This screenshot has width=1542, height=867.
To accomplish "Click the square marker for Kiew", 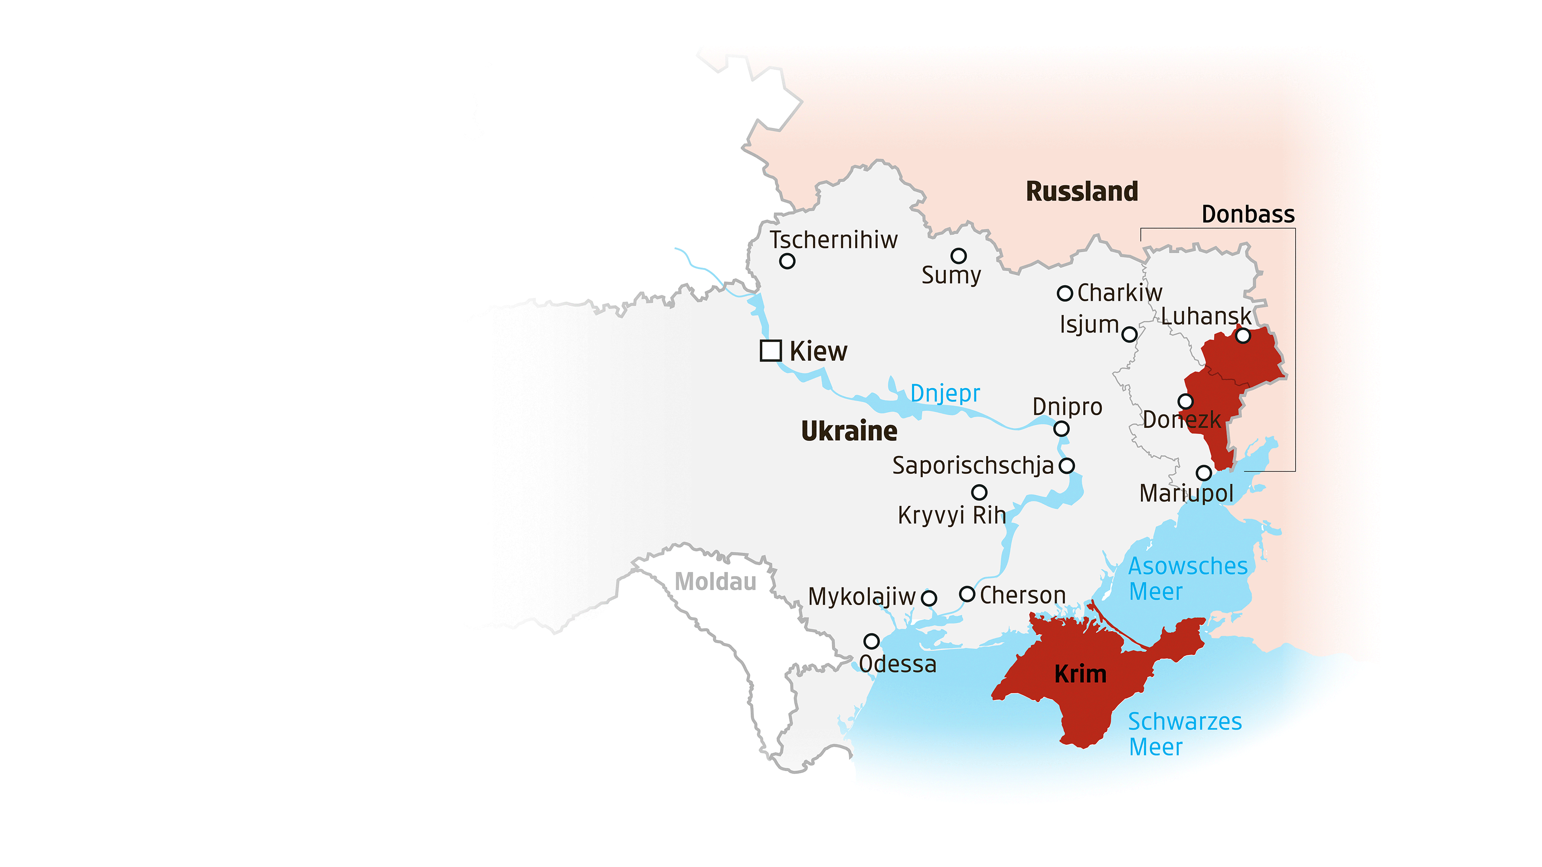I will click(771, 351).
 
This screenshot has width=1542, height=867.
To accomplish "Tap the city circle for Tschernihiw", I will click(787, 261).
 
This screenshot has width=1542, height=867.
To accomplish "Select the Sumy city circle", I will click(958, 256).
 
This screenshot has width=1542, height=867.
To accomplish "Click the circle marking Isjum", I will click(1129, 335).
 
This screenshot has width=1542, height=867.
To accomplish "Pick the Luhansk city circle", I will click(1243, 336).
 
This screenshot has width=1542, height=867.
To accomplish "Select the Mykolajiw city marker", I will click(929, 598).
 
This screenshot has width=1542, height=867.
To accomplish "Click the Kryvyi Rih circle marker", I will click(979, 492).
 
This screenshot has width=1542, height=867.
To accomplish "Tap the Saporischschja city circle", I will click(1067, 466).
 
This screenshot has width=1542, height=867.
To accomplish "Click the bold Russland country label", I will click(1081, 192).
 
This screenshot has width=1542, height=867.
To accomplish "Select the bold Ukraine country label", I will click(849, 431).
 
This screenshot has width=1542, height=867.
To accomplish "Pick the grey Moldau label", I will click(715, 582).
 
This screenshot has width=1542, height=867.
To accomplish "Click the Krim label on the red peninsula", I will click(1081, 675).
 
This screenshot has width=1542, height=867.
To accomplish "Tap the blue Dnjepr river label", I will click(945, 394).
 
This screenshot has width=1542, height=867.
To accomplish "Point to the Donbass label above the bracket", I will click(1248, 214).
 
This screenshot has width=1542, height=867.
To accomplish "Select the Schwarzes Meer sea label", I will click(1185, 734).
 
